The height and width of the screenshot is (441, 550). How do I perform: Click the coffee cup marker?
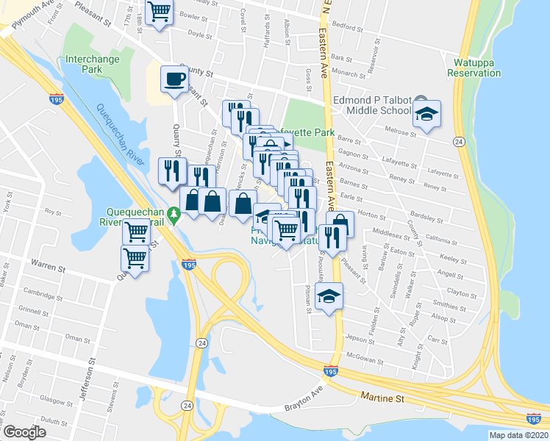pyautogui.click(x=174, y=79)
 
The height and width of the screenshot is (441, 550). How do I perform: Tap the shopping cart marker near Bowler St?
pyautogui.click(x=159, y=12)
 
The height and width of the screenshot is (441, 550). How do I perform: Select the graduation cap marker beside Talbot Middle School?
pyautogui.click(x=426, y=115)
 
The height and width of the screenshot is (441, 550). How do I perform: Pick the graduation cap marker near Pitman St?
pyautogui.click(x=329, y=297)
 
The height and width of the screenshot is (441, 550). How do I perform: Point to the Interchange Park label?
pyautogui.click(x=93, y=64)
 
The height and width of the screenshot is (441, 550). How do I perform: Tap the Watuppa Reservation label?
pyautogui.click(x=474, y=68)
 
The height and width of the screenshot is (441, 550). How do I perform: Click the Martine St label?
pyautogui.click(x=382, y=398)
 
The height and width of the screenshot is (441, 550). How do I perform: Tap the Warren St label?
pyautogui.click(x=46, y=262)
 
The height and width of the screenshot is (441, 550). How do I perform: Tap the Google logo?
pyautogui.click(x=24, y=432)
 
